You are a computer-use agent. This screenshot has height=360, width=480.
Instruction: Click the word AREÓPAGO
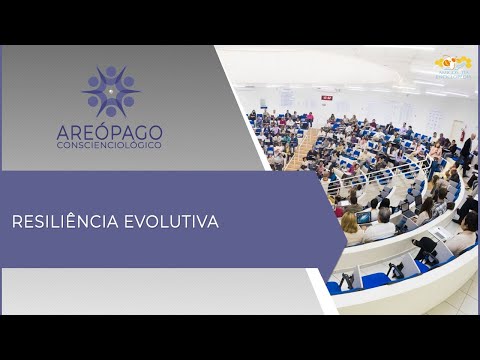(122, 132)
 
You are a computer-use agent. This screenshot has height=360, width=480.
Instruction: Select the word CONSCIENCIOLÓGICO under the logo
(122, 146)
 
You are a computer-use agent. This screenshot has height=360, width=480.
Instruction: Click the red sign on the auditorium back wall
(326, 97)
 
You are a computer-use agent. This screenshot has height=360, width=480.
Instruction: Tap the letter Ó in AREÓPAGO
(120, 132)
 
